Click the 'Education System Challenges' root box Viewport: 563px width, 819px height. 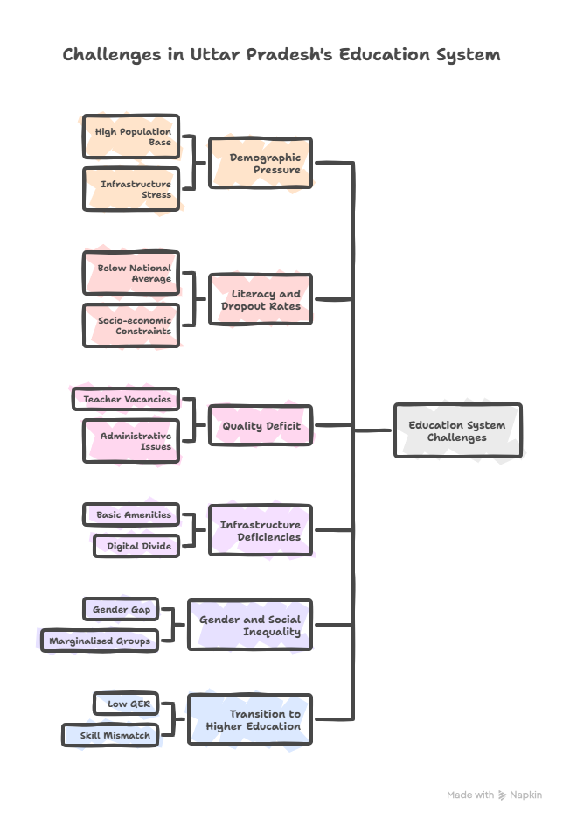[457, 430]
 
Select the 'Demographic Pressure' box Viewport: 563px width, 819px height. [261, 163]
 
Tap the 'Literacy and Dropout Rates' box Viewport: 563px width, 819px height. [261, 300]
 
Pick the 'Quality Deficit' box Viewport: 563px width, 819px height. [261, 426]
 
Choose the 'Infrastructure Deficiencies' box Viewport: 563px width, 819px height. [261, 530]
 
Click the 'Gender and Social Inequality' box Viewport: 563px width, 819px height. [250, 625]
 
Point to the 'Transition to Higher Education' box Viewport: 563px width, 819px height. [250, 719]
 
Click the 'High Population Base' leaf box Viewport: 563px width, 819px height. [131, 136]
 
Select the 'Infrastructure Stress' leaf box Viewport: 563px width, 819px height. [131, 189]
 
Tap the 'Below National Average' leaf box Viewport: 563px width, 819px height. [131, 273]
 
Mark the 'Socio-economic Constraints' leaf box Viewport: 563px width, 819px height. [131, 325]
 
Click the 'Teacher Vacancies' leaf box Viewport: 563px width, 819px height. [126, 399]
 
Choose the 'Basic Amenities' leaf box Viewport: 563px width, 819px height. [131, 514]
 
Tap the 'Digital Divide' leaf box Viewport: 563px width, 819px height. [136, 546]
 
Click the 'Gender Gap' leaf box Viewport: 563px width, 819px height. [122, 609]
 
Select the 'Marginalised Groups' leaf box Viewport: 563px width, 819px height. [100, 640]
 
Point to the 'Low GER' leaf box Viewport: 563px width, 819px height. [127, 703]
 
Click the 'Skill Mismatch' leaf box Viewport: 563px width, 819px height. [112, 735]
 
